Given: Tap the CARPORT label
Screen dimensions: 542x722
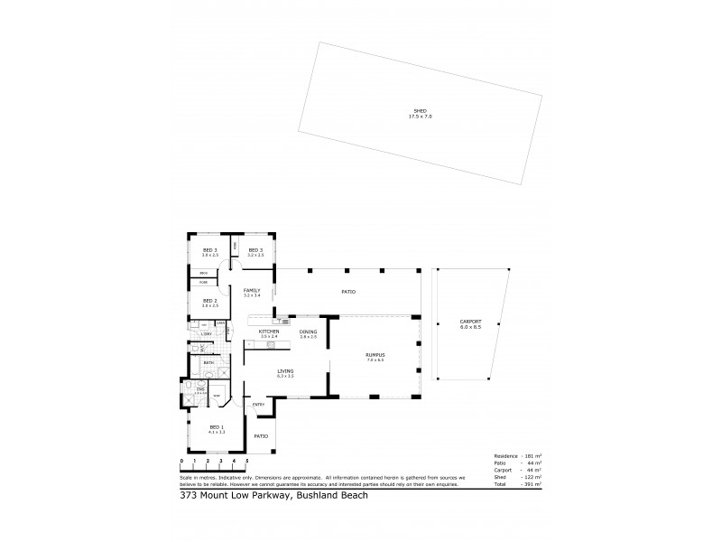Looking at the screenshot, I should pos(470,322).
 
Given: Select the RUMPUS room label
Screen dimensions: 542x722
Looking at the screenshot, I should pos(375,355).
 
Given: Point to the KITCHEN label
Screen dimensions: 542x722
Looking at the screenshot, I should pos(269,332).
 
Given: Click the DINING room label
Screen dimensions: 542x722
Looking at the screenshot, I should pos(308,332).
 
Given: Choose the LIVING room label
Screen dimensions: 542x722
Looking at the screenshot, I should pos(286,371).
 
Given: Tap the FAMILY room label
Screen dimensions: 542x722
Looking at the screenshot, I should pos(251,290).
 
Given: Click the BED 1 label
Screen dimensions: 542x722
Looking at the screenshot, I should pos(216,427).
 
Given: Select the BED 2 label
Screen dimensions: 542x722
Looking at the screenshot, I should pos(208,301).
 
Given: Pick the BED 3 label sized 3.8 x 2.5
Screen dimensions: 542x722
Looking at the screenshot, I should pos(209,249).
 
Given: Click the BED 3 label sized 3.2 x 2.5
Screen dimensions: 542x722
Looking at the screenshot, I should pos(255,249).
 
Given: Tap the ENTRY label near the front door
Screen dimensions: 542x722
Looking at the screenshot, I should pos(258,404).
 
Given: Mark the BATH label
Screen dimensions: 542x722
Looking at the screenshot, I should pos(208,362).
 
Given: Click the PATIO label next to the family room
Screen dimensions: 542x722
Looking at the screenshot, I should pos(347,292).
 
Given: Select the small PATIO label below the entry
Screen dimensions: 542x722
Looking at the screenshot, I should pos(261,435).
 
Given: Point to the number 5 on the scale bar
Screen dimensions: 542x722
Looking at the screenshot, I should pos(246,462).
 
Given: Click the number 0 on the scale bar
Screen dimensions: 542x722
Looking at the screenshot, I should pos(181,462).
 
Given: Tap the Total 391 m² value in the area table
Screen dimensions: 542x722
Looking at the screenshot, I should pos(530,485).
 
